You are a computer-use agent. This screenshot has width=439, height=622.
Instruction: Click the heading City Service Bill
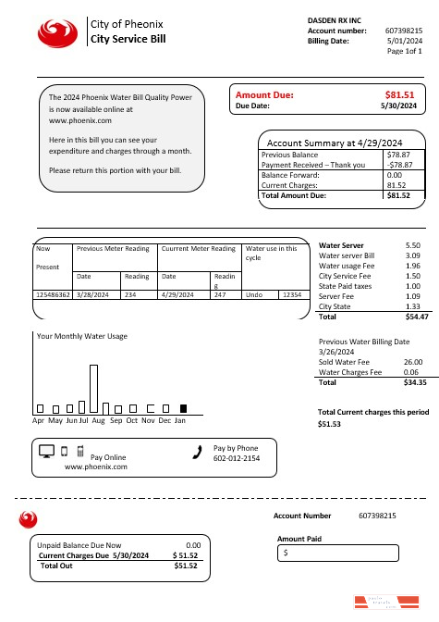click(128, 40)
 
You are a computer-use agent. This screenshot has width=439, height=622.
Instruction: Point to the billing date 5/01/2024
click(404, 41)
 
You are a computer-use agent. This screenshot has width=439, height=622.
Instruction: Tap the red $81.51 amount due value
click(399, 94)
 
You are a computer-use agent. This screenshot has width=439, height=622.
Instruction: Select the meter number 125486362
click(52, 293)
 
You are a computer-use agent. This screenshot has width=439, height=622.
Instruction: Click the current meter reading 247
click(220, 293)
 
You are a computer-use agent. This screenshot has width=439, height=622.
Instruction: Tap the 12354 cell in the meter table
click(291, 293)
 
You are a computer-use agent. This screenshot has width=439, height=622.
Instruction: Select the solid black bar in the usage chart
click(183, 408)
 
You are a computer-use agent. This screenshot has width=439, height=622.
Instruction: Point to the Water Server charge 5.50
click(413, 245)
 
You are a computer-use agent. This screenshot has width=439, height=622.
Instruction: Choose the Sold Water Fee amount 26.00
click(413, 362)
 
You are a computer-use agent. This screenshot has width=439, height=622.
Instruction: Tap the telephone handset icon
click(196, 452)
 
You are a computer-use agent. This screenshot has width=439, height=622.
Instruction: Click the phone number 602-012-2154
click(237, 458)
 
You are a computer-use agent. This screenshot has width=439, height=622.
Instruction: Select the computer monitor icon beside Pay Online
click(47, 452)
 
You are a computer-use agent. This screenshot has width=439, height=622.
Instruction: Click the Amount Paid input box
click(338, 553)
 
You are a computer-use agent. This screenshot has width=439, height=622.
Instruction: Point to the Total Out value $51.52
click(186, 565)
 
